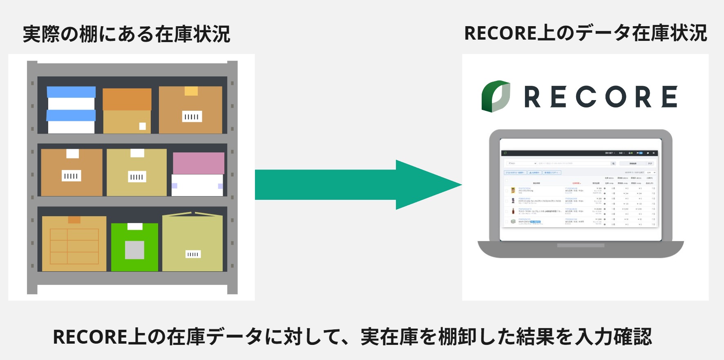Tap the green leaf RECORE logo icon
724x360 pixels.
pyautogui.click(x=496, y=96)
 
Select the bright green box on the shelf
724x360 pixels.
pyautogui.click(x=134, y=247)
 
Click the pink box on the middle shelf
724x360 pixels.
pyautogui.click(x=199, y=163)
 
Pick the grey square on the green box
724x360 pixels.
pyautogui.click(x=134, y=250)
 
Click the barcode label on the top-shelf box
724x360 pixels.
pyautogui.click(x=192, y=116)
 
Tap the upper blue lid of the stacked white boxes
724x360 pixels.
pyautogui.click(x=71, y=92)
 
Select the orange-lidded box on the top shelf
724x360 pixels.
pyautogui.click(x=127, y=110)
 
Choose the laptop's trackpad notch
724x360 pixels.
pyautogui.click(x=581, y=246)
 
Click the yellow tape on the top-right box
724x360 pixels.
pyautogui.click(x=191, y=91)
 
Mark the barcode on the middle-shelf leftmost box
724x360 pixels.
pyautogui.click(x=71, y=176)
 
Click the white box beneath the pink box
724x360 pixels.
pyautogui.click(x=197, y=185)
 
